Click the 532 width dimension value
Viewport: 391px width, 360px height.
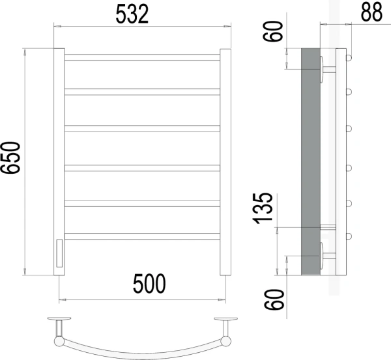click(132, 14)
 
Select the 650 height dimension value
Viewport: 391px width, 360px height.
click(10, 158)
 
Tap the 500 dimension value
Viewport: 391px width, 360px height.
click(149, 284)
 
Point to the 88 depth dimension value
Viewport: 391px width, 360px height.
click(371, 12)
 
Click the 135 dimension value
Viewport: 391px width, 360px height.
click(263, 208)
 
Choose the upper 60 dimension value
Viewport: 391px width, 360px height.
click(273, 31)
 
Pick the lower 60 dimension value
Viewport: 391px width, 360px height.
click(274, 299)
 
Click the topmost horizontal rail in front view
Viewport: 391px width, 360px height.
click(142, 57)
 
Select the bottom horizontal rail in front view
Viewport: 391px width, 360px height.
click(142, 236)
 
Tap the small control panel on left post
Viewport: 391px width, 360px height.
click(59, 253)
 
